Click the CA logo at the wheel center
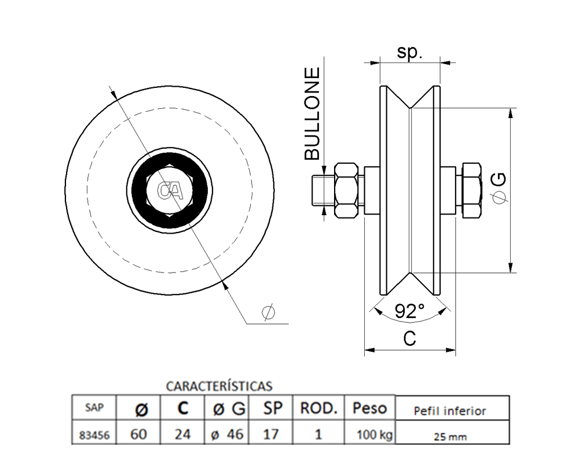[170, 191]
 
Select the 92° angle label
[410, 312]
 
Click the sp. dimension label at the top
[410, 53]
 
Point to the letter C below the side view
[410, 339]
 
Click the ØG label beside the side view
[501, 189]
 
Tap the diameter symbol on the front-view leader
[268, 312]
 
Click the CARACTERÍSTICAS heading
[219, 385]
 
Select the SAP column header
[94, 407]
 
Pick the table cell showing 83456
[94, 435]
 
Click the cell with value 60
[138, 434]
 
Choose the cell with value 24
[182, 434]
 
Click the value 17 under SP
[271, 434]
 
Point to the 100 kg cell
[370, 435]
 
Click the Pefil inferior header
[450, 411]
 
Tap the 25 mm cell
[450, 437]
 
